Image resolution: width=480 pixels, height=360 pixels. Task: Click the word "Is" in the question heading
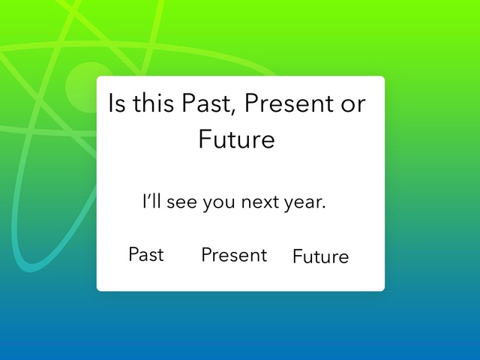[117, 103]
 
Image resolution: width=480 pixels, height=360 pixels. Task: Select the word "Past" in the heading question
[205, 103]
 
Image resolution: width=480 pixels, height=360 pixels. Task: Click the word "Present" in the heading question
[289, 103]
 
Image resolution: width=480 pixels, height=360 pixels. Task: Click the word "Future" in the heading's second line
[237, 139]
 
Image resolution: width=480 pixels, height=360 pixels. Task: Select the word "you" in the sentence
[219, 205]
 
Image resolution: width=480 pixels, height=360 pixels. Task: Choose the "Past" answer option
[146, 254]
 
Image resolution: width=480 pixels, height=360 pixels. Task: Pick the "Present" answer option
[234, 255]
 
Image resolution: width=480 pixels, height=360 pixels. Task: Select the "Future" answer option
[320, 256]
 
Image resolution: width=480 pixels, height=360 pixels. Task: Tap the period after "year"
[323, 208]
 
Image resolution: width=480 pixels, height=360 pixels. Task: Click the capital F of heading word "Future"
[205, 139]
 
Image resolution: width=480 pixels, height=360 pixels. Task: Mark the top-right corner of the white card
[385, 76]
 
